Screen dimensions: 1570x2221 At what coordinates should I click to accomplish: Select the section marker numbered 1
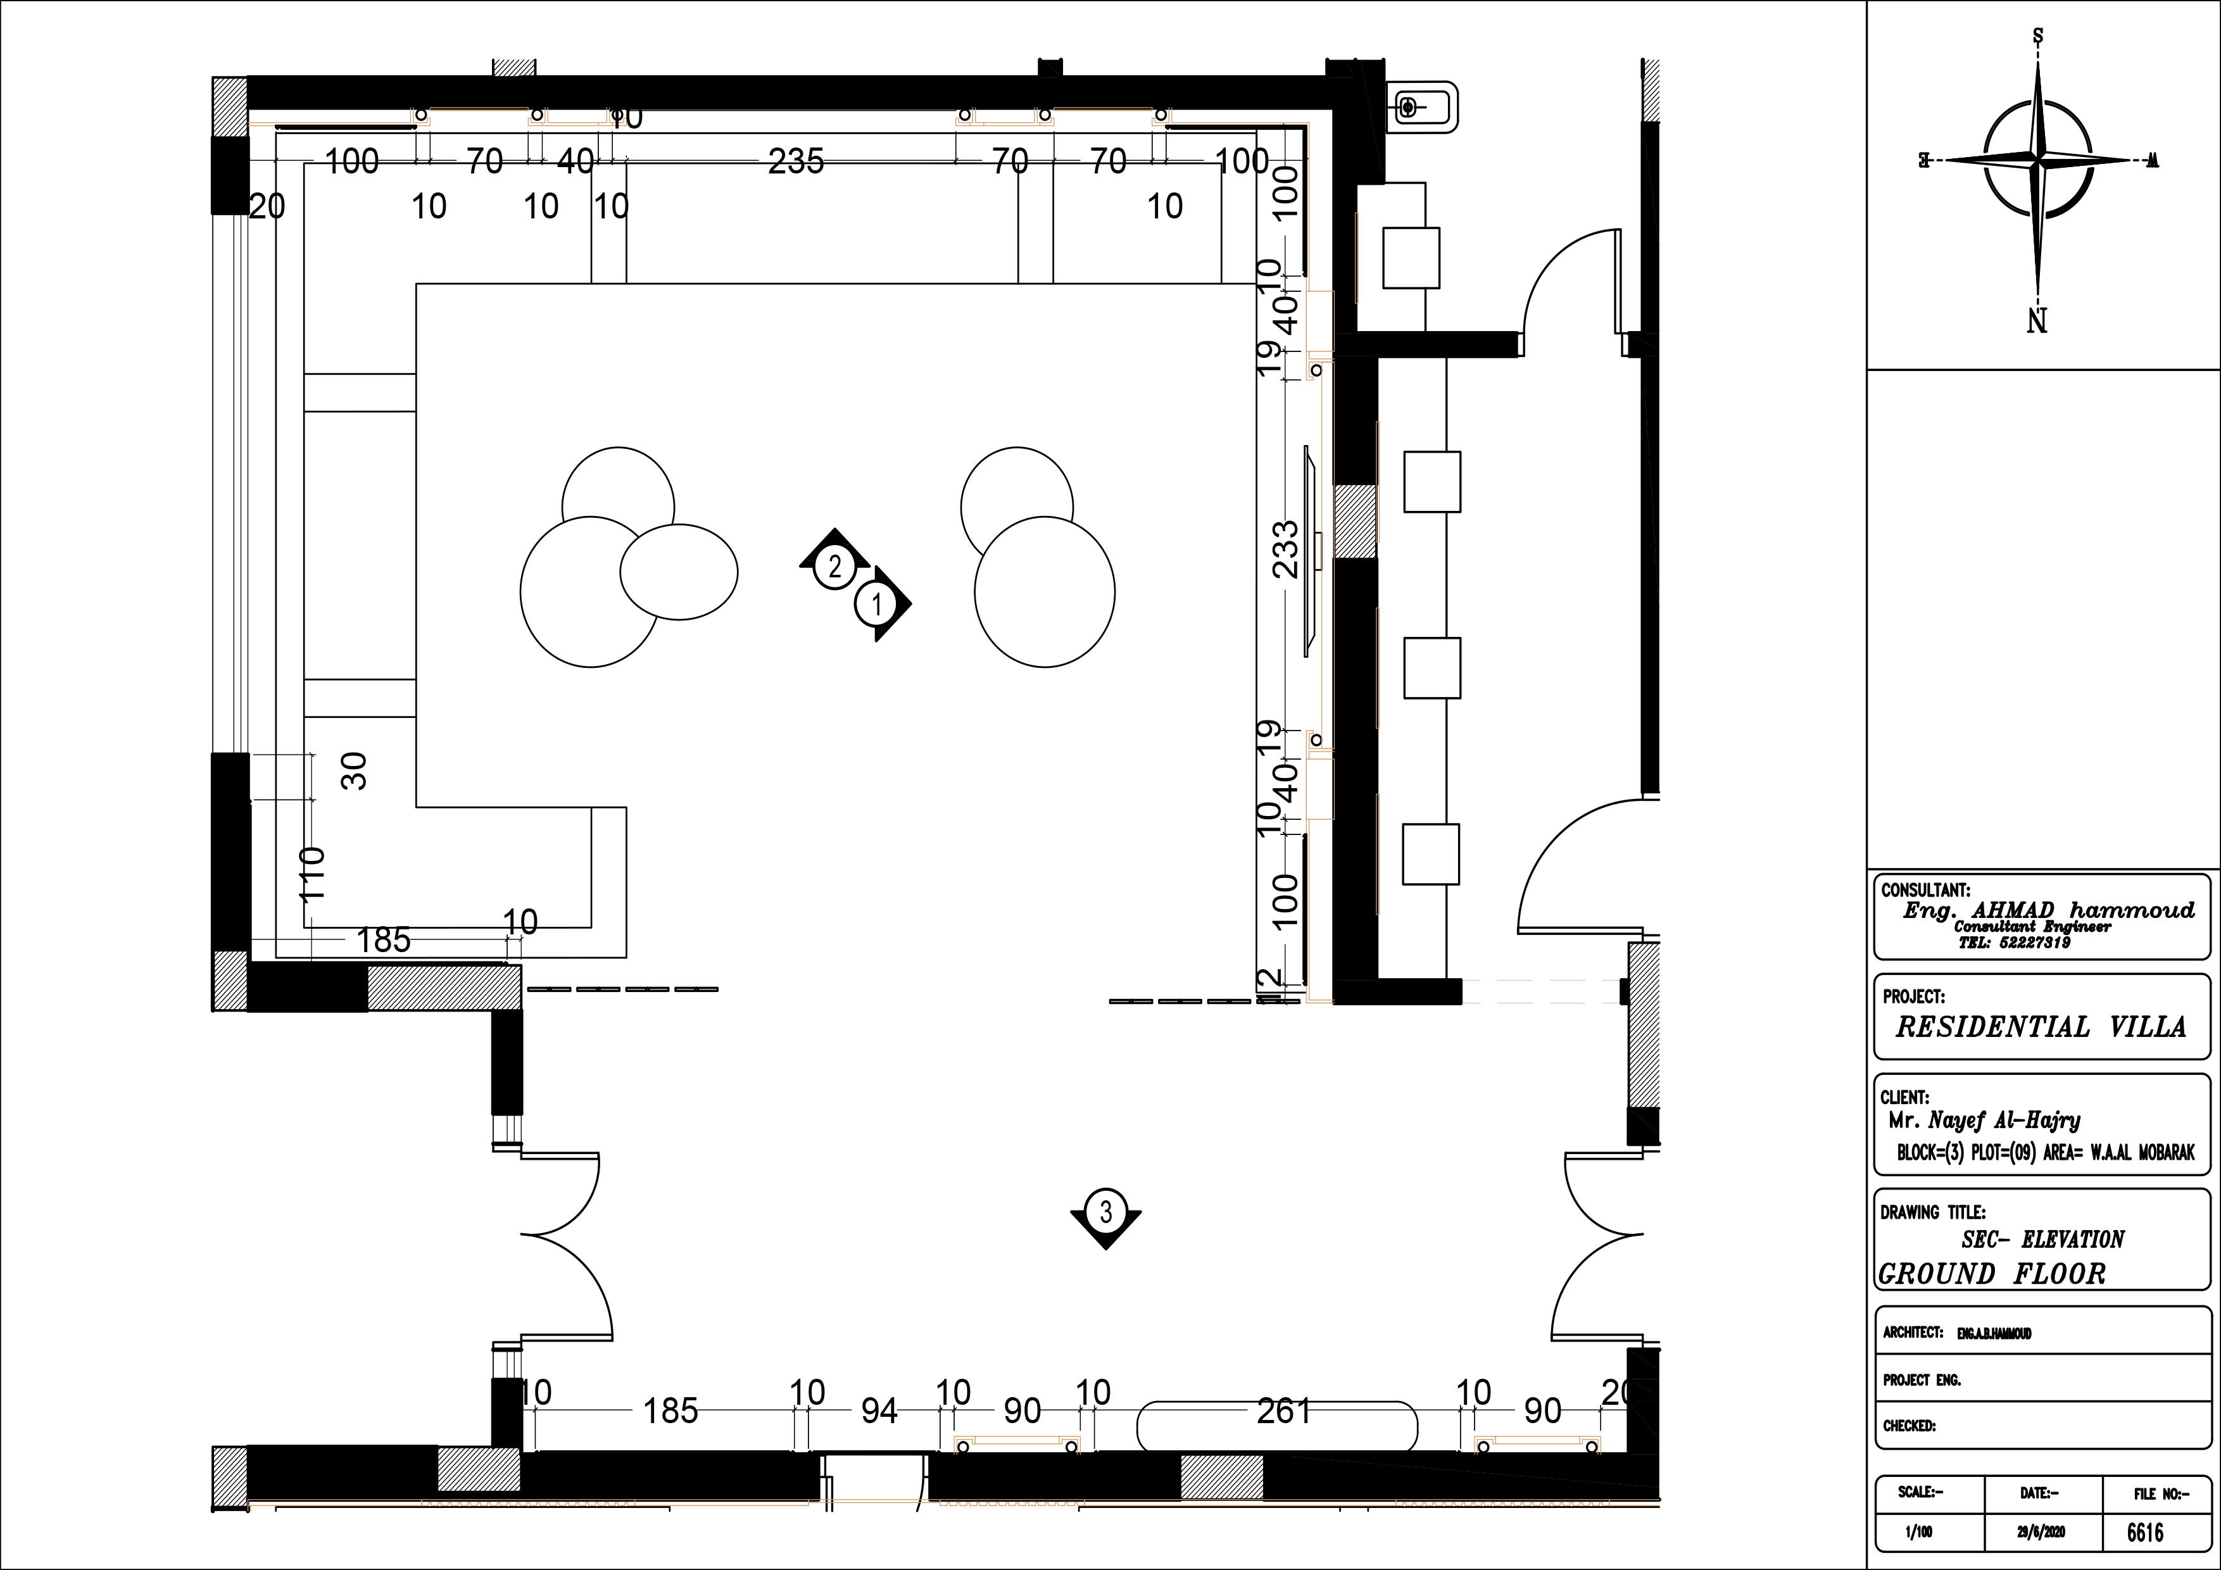click(876, 606)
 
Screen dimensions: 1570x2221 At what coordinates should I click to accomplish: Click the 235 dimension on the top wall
click(795, 161)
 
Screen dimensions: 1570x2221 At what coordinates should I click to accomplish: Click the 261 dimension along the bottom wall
click(1283, 1411)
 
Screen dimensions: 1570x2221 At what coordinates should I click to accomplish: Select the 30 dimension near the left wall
click(355, 771)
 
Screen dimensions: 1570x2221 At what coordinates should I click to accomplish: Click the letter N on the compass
click(2037, 320)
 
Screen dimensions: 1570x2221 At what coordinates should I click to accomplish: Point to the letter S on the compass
click(2037, 37)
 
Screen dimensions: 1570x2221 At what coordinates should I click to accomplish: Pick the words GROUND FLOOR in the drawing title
click(1992, 1274)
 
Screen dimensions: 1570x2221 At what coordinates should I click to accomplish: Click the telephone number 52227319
click(2014, 942)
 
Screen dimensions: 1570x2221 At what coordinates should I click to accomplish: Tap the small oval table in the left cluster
click(678, 572)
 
